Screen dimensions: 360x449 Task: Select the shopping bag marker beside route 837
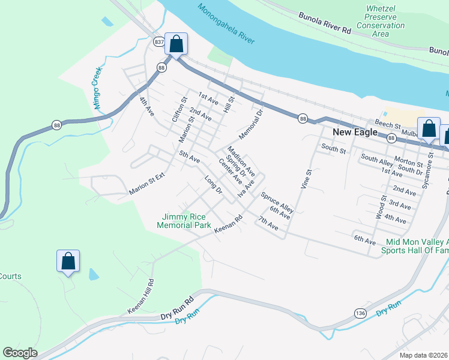[x=176, y=44]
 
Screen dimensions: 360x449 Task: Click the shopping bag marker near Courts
[x=68, y=261]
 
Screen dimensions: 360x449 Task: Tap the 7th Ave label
[x=268, y=223]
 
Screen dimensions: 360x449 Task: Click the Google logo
[x=20, y=353]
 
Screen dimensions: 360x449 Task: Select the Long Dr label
[x=213, y=185]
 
